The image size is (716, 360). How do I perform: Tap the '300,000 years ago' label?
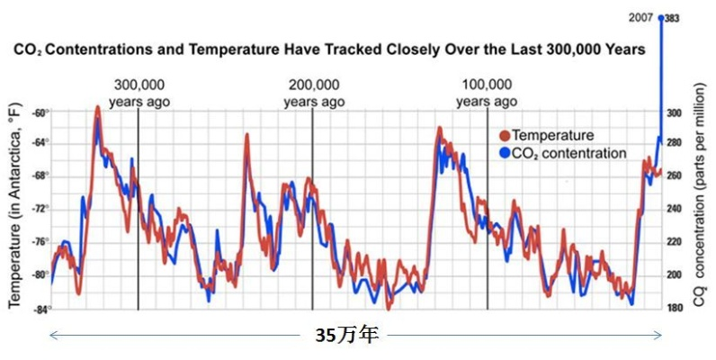(x=139, y=94)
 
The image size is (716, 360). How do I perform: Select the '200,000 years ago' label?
(x=314, y=94)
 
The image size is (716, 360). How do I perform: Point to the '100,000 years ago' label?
(x=487, y=94)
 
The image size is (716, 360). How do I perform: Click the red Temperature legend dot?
(x=504, y=136)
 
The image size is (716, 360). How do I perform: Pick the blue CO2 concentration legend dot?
(x=504, y=154)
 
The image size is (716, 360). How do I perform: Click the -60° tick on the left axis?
(x=40, y=113)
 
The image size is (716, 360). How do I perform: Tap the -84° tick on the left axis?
(x=40, y=310)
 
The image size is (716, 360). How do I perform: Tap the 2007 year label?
(x=640, y=17)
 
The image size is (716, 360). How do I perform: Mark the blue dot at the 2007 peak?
(x=662, y=17)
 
